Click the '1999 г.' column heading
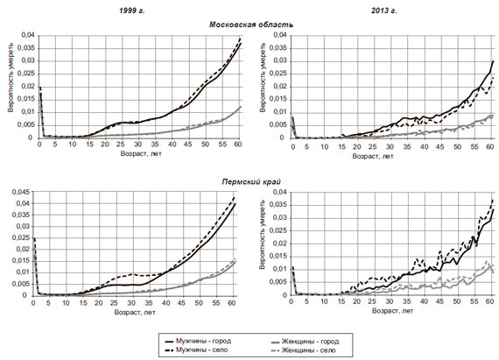coord(131,11)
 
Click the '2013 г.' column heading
coord(384,11)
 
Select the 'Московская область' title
coord(251,25)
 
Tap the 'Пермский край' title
coord(251,181)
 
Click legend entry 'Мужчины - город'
coord(204,341)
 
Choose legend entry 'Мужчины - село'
coord(202,349)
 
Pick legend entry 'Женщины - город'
coord(310,342)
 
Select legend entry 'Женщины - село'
coord(308,350)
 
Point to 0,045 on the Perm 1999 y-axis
coord(21,192)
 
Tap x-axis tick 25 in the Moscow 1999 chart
coord(122,145)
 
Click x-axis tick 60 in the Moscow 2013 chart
coord(490,146)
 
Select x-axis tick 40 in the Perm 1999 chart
coord(165,303)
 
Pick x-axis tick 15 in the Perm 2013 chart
coord(341,301)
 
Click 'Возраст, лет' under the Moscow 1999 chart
coord(141,153)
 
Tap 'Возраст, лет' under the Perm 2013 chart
coord(392,310)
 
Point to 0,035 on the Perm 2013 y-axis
coord(278,205)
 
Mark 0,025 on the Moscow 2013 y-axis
coord(278,74)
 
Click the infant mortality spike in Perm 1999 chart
coord(34,239)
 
